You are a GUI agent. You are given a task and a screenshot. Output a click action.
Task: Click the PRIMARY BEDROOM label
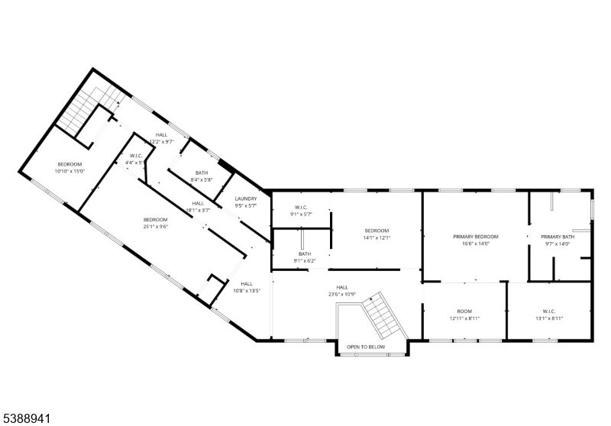tap(476, 237)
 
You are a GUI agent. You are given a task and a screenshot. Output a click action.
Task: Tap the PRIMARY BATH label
tap(558, 237)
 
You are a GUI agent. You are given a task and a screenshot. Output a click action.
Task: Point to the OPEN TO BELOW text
tap(366, 347)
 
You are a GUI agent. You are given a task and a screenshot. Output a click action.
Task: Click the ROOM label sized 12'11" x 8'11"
tap(464, 311)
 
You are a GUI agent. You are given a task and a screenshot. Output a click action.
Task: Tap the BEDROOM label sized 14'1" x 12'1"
tap(377, 231)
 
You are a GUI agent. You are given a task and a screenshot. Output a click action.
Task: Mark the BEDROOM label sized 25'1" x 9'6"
tap(155, 220)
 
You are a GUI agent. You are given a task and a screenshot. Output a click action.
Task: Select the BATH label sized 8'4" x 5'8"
tap(202, 173)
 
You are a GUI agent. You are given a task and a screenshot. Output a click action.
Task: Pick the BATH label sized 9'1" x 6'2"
tap(305, 253)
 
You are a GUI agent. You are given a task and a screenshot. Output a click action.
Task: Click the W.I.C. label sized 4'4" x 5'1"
tap(137, 156)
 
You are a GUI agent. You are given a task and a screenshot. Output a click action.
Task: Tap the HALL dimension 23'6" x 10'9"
tap(342, 294)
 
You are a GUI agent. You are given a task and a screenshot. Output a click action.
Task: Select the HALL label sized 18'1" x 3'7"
tap(198, 203)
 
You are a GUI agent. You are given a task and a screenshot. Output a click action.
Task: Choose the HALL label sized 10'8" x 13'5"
tap(247, 284)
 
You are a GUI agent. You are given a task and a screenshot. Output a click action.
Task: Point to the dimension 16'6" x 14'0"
tap(476, 244)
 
